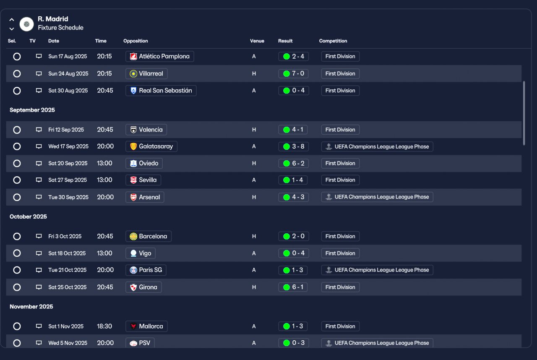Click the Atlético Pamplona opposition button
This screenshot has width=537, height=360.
pyautogui.click(x=160, y=56)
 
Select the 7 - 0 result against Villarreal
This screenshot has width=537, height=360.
pyautogui.click(x=293, y=73)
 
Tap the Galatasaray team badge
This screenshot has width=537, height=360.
pyautogui.click(x=133, y=146)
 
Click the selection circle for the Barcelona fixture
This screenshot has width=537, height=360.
pyautogui.click(x=17, y=236)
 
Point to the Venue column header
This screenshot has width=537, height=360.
pyautogui.click(x=257, y=41)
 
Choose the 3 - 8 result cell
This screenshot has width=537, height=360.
pyautogui.click(x=293, y=146)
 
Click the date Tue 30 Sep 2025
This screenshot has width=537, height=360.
pyautogui.click(x=68, y=197)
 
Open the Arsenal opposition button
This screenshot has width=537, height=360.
pyautogui.click(x=145, y=197)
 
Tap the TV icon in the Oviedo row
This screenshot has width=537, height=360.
pyautogui.click(x=39, y=163)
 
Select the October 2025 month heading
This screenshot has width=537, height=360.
pyautogui.click(x=28, y=217)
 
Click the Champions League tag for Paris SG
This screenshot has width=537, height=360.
pyautogui.click(x=377, y=270)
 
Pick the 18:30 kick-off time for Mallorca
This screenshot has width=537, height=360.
pyautogui.click(x=104, y=326)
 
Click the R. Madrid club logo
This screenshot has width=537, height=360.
pyautogui.click(x=26, y=24)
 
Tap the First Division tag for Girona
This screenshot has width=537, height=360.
pyautogui.click(x=340, y=287)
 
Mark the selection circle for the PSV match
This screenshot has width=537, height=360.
pyautogui.click(x=17, y=343)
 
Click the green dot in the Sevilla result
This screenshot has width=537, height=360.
pyautogui.click(x=287, y=180)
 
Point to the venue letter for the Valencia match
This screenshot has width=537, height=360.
pyautogui.click(x=254, y=130)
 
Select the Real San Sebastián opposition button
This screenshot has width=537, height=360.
pyautogui.click(x=161, y=91)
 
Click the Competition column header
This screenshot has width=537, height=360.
pyautogui.click(x=333, y=41)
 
